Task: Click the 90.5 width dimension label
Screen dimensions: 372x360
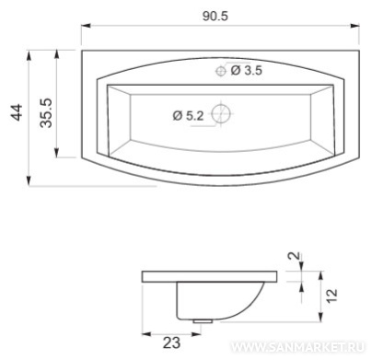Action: click(x=215, y=16)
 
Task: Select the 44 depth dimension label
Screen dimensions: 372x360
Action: click(x=17, y=112)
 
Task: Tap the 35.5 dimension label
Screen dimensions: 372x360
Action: click(x=47, y=113)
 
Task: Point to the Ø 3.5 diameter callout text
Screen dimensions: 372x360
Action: click(x=246, y=71)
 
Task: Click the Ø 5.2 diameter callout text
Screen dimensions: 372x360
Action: click(x=188, y=116)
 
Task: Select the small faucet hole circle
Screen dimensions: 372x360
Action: click(x=221, y=71)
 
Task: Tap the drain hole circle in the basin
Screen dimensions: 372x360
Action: click(x=221, y=113)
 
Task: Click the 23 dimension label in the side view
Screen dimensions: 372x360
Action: click(x=171, y=343)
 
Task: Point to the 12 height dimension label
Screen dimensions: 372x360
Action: click(x=331, y=296)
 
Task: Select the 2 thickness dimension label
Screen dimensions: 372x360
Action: click(x=295, y=255)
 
